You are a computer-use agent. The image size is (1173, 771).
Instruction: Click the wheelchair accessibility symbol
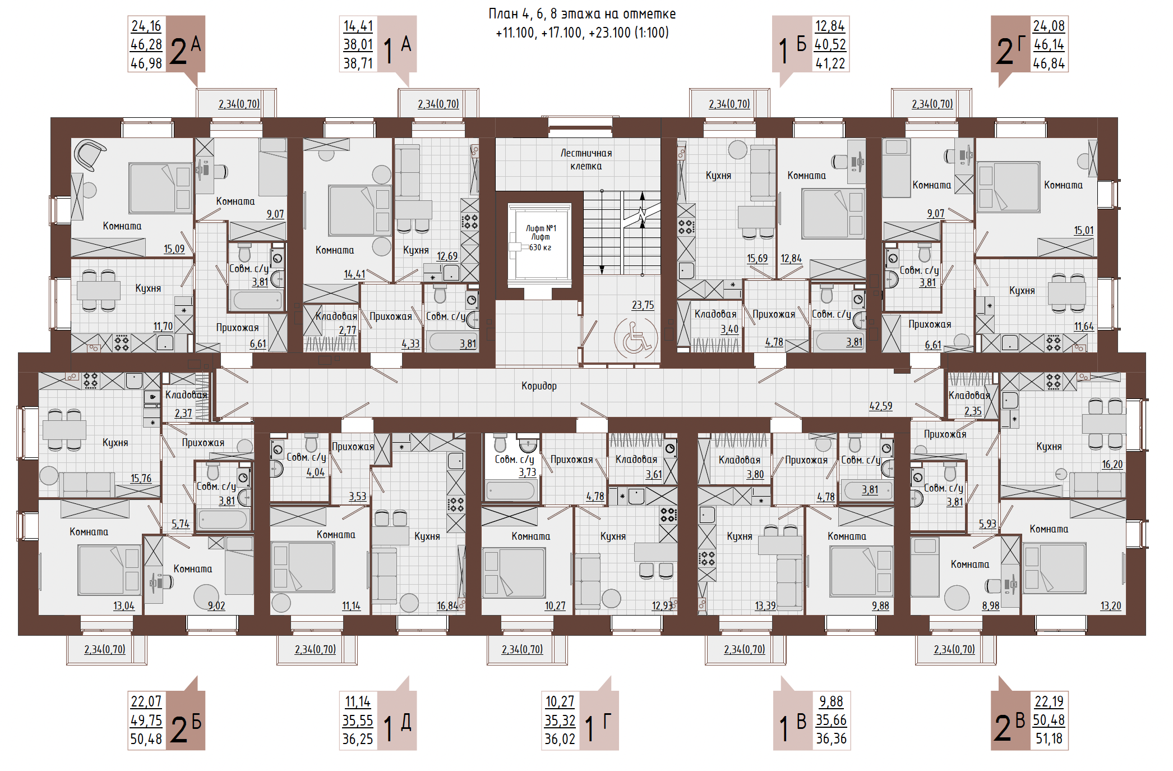click(635, 338)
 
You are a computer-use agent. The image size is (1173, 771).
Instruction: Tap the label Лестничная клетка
click(586, 159)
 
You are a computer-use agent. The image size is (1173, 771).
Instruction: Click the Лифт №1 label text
click(541, 228)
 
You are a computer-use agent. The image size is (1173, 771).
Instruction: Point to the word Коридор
click(539, 386)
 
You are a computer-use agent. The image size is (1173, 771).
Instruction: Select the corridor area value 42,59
click(880, 406)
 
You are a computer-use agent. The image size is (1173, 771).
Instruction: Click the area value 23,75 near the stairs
click(643, 305)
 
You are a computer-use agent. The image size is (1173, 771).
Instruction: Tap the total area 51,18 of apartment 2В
click(1049, 739)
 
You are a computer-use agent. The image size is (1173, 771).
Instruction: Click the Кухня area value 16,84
click(447, 606)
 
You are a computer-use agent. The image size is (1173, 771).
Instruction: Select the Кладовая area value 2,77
click(348, 331)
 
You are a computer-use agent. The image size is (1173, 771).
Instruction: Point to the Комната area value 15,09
click(174, 249)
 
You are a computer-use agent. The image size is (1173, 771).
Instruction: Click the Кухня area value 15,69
click(757, 259)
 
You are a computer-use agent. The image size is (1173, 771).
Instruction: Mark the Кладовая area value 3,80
click(755, 475)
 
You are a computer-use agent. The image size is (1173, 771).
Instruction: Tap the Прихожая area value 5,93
click(987, 524)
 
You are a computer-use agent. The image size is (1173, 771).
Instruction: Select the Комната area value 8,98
click(991, 606)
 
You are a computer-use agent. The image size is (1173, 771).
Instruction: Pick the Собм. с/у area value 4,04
click(316, 472)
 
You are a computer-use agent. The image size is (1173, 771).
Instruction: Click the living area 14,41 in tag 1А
click(358, 26)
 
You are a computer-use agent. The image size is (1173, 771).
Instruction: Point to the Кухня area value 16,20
click(1112, 465)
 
